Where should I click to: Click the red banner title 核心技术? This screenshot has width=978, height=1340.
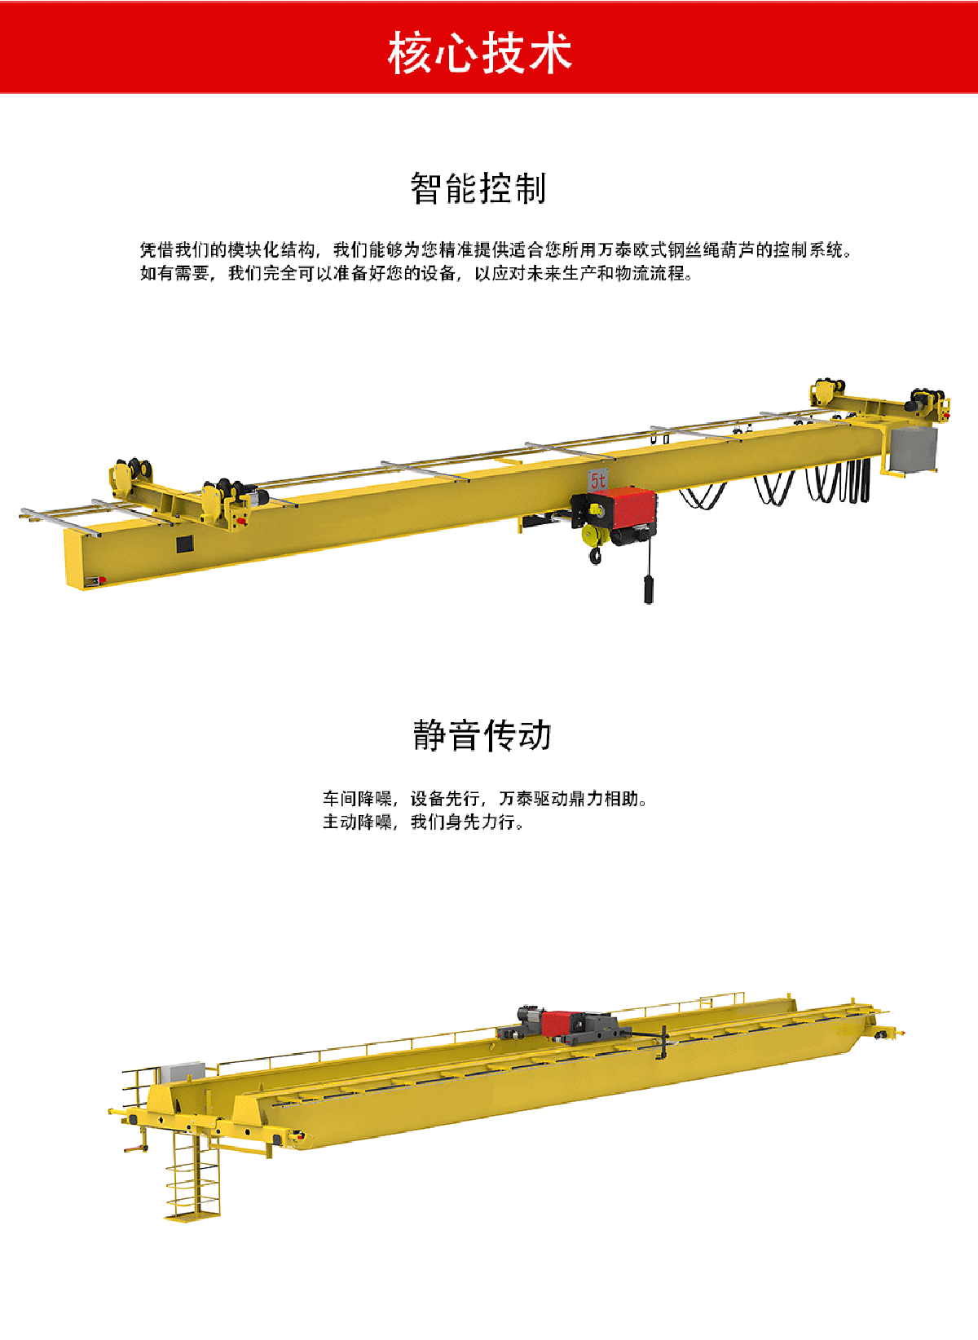coord(480,54)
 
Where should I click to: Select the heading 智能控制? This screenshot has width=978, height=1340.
coord(478,188)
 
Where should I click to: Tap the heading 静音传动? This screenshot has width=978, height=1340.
coord(482,735)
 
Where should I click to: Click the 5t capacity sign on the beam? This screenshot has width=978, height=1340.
coord(597,480)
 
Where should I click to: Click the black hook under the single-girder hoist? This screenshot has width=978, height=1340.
coord(596,557)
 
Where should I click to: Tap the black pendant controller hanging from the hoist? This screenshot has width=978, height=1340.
coord(649,590)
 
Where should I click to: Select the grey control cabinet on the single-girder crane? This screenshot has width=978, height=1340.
coord(914,449)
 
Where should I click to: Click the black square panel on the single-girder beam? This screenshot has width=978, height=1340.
coord(185,544)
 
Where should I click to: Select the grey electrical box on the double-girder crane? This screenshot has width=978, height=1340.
coord(183,1071)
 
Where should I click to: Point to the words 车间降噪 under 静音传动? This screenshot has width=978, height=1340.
coord(358,798)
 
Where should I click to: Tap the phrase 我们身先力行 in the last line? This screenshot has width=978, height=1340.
coord(462,822)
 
